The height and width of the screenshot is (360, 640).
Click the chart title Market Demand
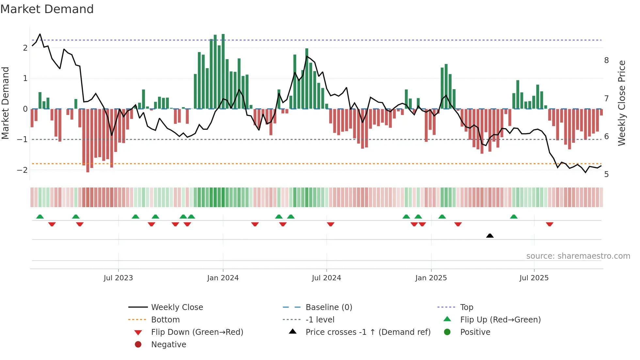(x=47, y=9)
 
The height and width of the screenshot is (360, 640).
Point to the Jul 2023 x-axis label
(x=118, y=278)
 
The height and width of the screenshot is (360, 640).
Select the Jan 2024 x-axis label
(x=223, y=278)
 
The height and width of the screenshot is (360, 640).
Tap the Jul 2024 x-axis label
(x=326, y=278)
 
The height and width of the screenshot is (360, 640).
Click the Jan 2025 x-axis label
(x=431, y=278)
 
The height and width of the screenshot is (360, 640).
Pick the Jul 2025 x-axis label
(x=534, y=278)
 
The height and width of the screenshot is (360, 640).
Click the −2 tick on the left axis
(x=22, y=170)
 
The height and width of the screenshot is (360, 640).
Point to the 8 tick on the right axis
(x=606, y=60)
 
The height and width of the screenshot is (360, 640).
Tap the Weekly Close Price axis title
(x=622, y=103)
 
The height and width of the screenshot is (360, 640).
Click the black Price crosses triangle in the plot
(x=490, y=236)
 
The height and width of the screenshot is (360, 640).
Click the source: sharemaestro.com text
(x=578, y=256)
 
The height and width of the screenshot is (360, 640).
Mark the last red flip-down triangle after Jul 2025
(x=550, y=224)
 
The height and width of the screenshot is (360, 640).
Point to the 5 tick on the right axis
(x=606, y=174)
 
